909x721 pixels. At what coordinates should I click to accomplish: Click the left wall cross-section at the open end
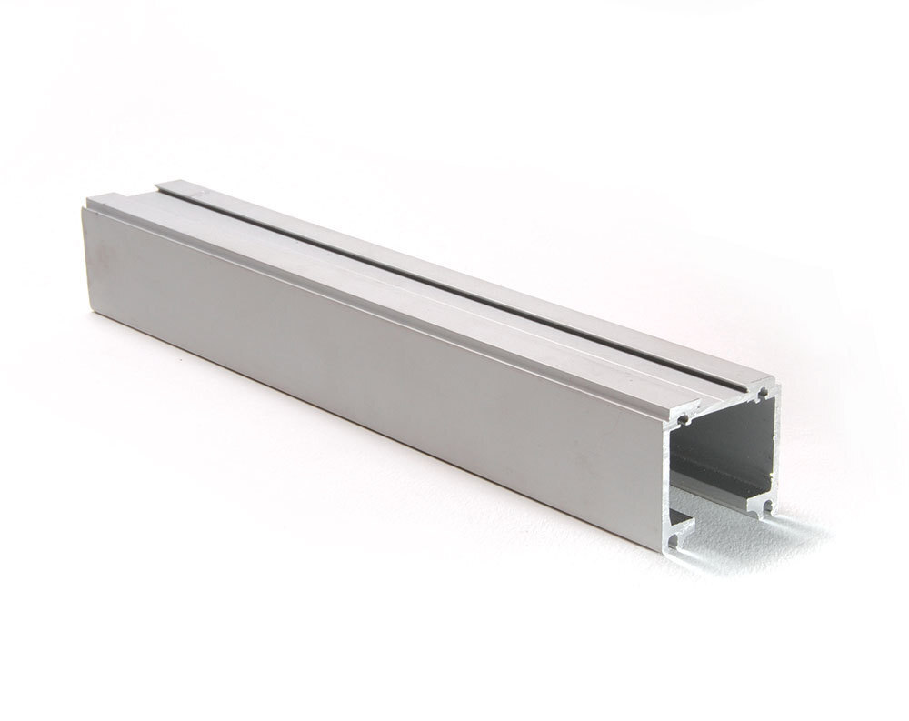coord(667,477)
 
